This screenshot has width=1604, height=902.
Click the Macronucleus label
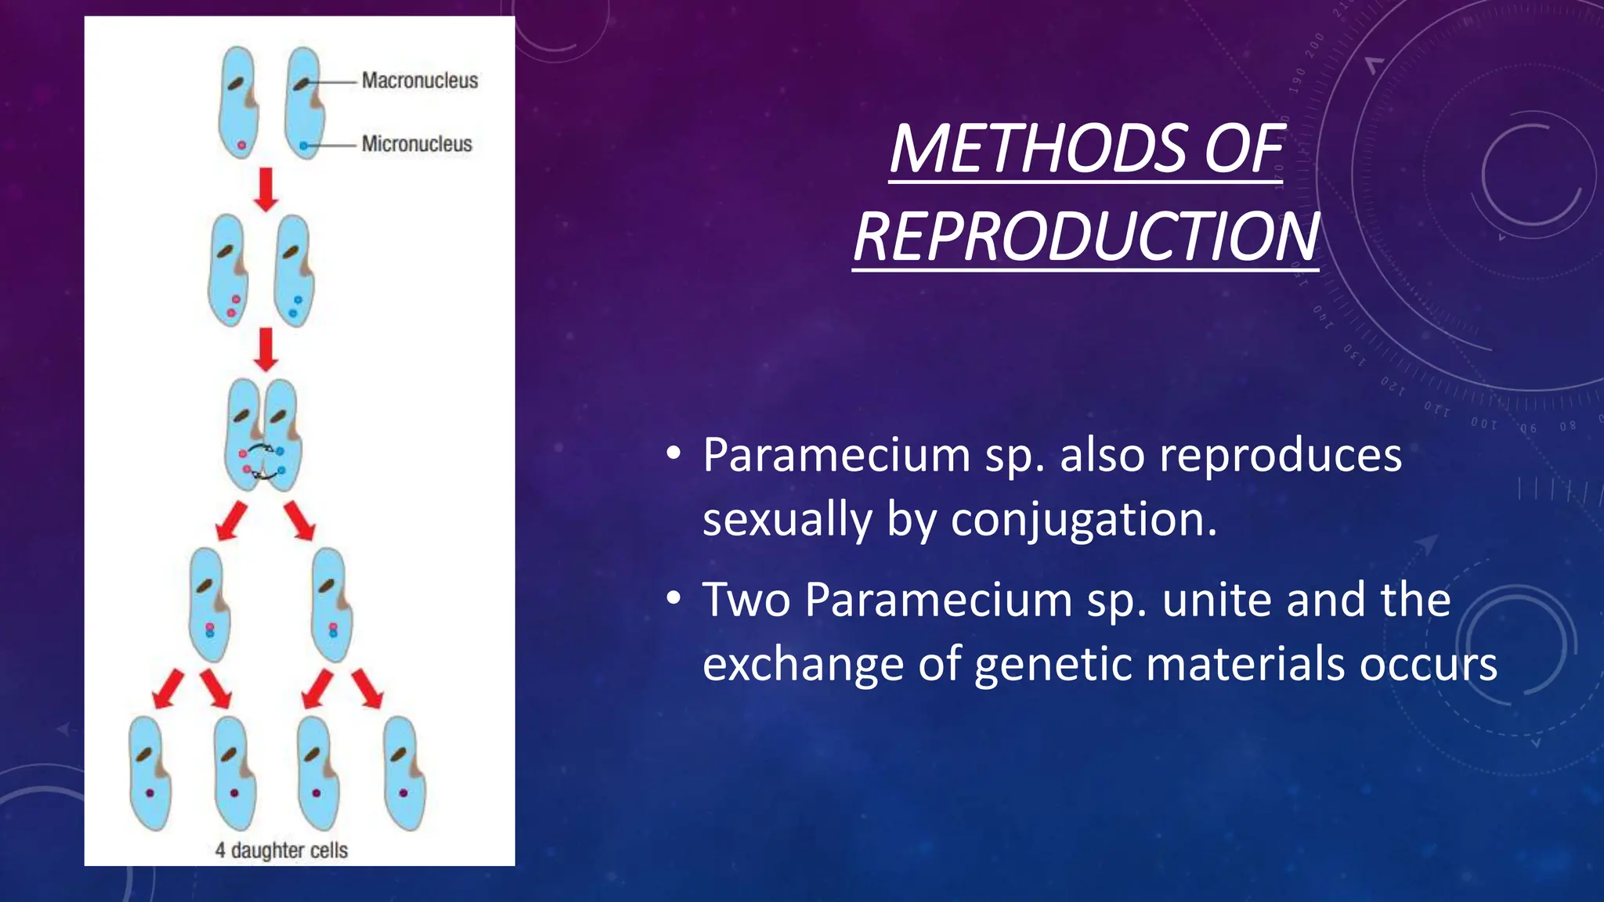[x=420, y=81]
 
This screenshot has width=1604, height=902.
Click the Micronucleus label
[x=417, y=144]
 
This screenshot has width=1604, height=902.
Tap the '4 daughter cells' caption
[x=281, y=850]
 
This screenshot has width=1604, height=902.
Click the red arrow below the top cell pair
[x=266, y=189]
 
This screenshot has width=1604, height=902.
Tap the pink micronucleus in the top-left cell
[x=241, y=146]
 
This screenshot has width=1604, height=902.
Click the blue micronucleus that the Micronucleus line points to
[x=303, y=146]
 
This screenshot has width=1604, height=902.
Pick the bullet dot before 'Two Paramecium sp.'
[x=674, y=600]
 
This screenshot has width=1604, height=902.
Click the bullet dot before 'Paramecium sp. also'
[x=674, y=455]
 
